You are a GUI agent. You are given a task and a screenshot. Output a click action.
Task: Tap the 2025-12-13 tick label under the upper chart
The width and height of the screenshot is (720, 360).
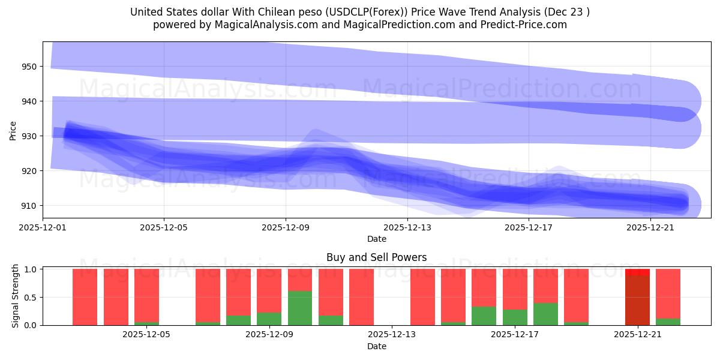407,227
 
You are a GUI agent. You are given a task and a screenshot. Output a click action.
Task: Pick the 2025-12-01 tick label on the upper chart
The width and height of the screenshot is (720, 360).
43,227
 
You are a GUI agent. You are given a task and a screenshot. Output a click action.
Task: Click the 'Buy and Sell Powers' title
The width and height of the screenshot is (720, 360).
376,257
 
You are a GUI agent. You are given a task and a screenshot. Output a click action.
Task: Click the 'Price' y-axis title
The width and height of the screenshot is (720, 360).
13,130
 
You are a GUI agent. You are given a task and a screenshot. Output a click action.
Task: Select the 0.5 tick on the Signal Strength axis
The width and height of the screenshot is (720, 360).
29,297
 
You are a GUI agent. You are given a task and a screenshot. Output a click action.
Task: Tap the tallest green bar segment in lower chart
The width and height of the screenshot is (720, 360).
300,308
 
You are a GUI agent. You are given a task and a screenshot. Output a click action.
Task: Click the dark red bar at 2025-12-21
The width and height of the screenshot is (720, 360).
637,300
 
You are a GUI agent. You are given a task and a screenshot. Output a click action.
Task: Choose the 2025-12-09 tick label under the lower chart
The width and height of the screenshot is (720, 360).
269,335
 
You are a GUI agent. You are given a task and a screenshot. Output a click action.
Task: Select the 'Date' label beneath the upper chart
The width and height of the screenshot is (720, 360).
376,239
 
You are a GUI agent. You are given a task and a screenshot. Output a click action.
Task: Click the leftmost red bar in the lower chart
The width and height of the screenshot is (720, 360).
85,297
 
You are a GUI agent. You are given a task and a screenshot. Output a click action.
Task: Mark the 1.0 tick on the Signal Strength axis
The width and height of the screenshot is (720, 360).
29,269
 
